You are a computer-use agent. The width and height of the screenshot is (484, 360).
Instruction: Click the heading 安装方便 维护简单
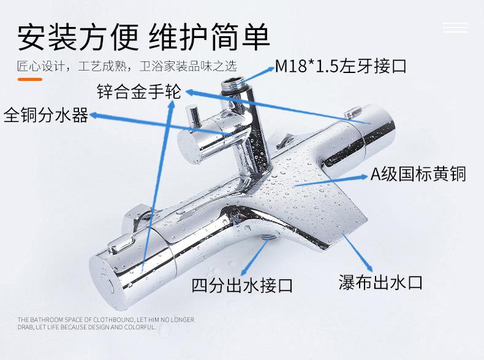(x=143, y=37)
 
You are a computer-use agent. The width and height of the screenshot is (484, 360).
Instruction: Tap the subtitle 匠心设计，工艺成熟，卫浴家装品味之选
(x=127, y=66)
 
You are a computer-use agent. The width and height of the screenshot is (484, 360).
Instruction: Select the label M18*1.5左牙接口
(x=340, y=66)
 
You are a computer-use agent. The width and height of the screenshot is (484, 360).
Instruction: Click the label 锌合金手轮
(x=139, y=93)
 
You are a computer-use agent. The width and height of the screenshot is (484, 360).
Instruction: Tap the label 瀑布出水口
(x=380, y=282)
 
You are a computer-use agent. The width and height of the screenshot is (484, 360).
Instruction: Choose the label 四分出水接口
(x=242, y=286)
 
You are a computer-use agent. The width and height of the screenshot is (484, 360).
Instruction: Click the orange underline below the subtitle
(x=29, y=79)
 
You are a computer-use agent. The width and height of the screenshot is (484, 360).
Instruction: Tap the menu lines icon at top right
(x=455, y=28)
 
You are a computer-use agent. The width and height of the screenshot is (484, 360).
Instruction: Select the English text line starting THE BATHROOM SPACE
(x=105, y=320)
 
